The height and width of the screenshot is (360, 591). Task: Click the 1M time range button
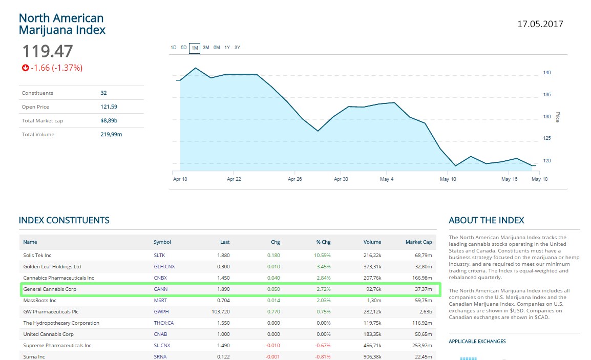click(x=195, y=48)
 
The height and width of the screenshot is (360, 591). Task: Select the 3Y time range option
click(x=237, y=48)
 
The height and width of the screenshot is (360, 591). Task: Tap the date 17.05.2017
click(x=540, y=24)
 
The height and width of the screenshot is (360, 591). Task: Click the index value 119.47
click(x=47, y=51)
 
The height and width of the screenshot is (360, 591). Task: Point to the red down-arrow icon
click(x=25, y=68)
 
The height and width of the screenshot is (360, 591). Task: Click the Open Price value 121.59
click(x=109, y=107)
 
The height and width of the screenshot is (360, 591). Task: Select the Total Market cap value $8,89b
click(x=110, y=120)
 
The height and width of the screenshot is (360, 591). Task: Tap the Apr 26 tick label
click(x=295, y=179)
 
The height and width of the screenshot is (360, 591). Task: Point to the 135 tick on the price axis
click(x=547, y=95)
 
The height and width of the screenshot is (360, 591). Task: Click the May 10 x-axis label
click(x=448, y=179)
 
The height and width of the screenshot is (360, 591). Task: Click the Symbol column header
click(x=162, y=242)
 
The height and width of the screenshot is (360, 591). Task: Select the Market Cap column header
click(x=418, y=242)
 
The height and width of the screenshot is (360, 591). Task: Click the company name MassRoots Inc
click(x=39, y=301)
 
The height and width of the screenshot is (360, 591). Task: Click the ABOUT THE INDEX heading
click(x=486, y=221)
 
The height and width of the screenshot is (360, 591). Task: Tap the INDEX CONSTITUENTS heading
click(x=64, y=221)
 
